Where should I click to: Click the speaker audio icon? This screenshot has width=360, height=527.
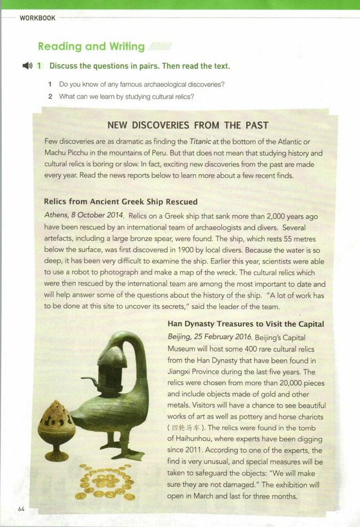click(27, 66)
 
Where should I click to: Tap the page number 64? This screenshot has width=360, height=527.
click(22, 509)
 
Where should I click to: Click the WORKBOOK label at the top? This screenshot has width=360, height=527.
click(37, 18)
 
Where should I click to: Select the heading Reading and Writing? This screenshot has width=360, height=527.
click(91, 47)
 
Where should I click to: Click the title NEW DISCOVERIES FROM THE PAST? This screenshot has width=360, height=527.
click(187, 125)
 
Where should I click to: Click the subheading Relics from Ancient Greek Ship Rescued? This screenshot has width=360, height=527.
click(121, 201)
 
